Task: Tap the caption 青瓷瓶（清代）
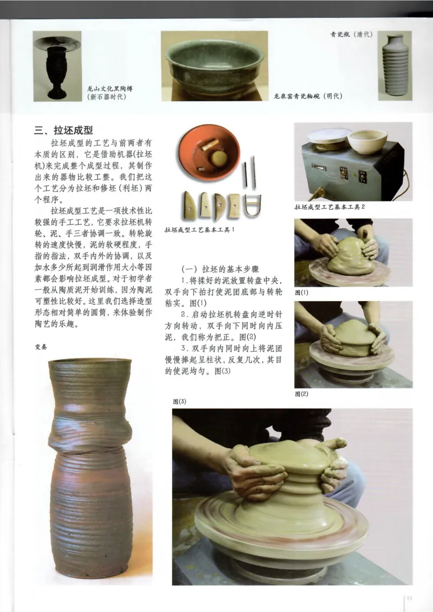click(352, 34)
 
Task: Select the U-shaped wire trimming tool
click(252, 205)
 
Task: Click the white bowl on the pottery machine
click(366, 142)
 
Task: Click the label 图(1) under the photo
click(301, 292)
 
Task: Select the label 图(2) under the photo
click(301, 394)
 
